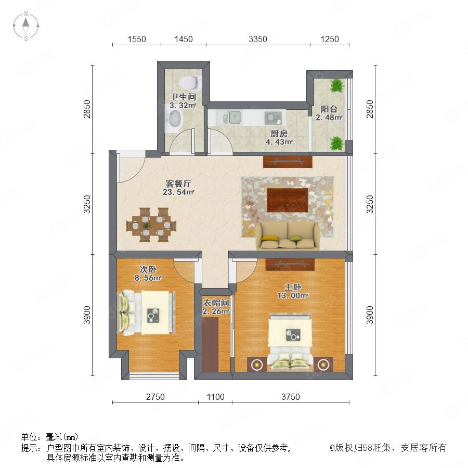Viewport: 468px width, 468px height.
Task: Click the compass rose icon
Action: [26, 26]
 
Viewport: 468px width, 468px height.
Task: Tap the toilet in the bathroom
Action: [190, 82]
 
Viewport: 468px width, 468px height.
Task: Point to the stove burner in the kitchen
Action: [273, 118]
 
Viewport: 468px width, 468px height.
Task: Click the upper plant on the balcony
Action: [337, 85]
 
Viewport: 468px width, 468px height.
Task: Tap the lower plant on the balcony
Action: [337, 144]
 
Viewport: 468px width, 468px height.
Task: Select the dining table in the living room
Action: [151, 225]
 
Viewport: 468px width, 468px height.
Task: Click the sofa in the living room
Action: [288, 235]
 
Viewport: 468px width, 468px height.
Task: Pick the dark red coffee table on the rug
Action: [288, 200]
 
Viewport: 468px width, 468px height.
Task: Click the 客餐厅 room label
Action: [178, 184]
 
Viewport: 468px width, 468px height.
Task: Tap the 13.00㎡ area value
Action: [292, 296]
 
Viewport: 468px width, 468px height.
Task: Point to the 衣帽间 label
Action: [216, 303]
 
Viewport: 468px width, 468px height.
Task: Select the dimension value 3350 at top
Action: [258, 39]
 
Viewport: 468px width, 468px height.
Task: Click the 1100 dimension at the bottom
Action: [215, 397]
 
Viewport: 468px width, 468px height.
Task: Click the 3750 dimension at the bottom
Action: [290, 397]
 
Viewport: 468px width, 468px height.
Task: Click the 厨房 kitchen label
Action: [279, 133]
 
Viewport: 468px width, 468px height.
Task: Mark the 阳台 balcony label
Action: [329, 109]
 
